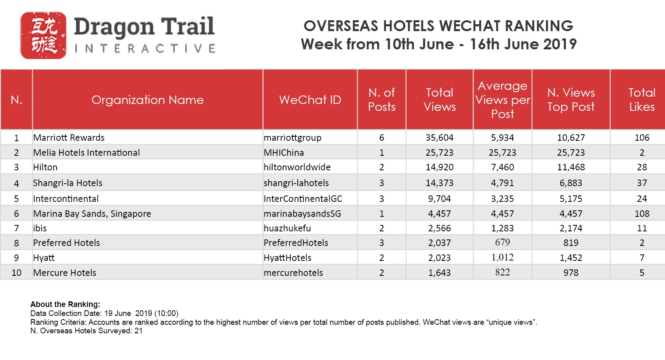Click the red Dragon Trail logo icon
(x=43, y=36)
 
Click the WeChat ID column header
(x=310, y=100)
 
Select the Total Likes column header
(x=642, y=100)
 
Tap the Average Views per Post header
(x=502, y=100)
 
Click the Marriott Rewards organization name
(x=69, y=138)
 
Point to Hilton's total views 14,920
(x=439, y=167)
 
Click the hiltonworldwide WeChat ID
(x=297, y=167)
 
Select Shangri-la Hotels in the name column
(x=68, y=183)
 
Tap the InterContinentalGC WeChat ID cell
(x=303, y=199)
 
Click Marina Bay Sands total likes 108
(x=642, y=214)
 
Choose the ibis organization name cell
(x=40, y=228)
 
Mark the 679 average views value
(x=502, y=242)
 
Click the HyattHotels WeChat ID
(x=288, y=258)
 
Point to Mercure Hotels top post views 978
(x=571, y=273)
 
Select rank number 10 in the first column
(x=17, y=273)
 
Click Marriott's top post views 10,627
(x=571, y=138)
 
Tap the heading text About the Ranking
(x=65, y=304)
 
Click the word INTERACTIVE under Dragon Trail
(x=145, y=49)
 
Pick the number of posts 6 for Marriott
(x=381, y=138)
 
